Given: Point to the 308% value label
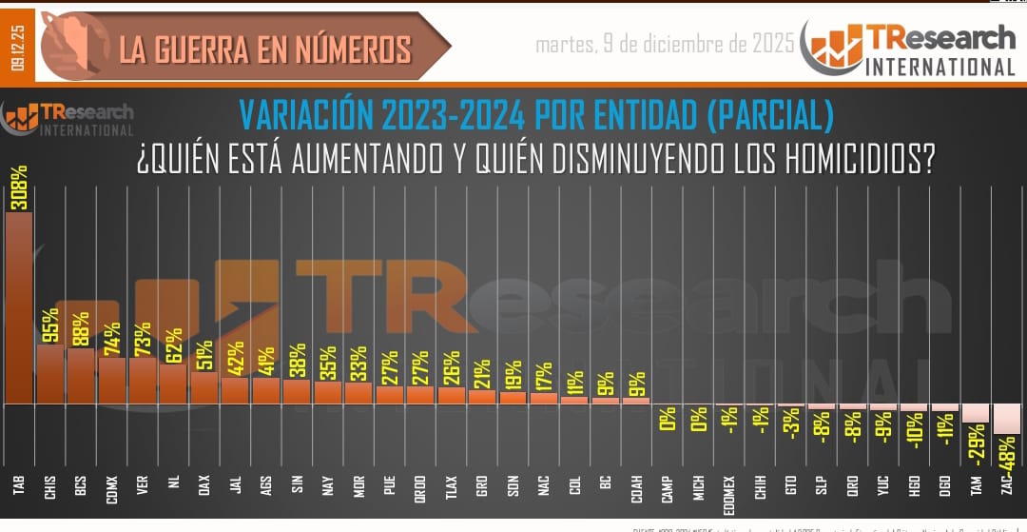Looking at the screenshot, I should click(x=19, y=187).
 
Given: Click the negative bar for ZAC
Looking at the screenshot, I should click(x=1006, y=419).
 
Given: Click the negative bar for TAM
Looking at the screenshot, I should click(x=975, y=413).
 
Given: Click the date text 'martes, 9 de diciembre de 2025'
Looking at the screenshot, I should click(x=665, y=45).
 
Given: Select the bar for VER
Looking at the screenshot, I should click(x=143, y=380).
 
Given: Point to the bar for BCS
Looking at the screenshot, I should click(x=81, y=376).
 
